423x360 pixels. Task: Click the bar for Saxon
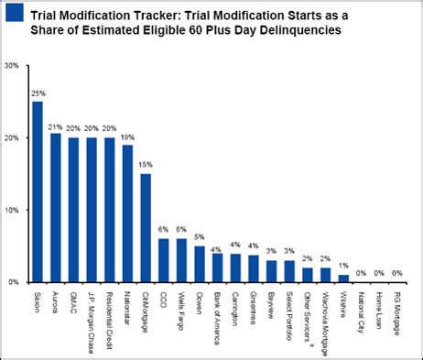37,192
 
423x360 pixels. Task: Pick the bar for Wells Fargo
180,260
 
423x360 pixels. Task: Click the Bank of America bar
216,267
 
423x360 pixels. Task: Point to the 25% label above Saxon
38,93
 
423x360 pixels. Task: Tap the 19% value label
127,136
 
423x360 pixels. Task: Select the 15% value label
146,165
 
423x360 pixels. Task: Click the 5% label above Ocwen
199,237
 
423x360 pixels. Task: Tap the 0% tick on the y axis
13,282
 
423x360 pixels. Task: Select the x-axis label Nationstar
127,309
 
